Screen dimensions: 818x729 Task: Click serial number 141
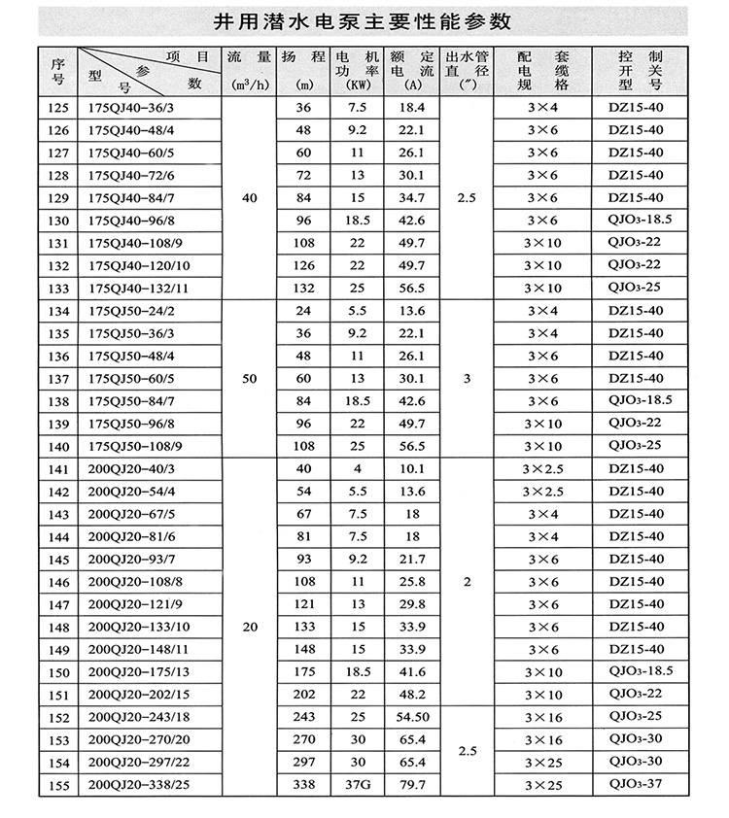click(58, 469)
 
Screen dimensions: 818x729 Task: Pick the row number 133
click(58, 289)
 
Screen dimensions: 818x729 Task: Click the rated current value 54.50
click(413, 716)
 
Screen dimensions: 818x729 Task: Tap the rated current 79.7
click(413, 783)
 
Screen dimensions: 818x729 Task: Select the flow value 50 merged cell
click(249, 378)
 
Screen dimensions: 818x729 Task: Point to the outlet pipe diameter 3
click(467, 378)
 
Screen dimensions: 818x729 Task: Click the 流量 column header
click(249, 71)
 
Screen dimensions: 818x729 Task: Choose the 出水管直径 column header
click(467, 71)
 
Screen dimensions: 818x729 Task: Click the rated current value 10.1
click(413, 469)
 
